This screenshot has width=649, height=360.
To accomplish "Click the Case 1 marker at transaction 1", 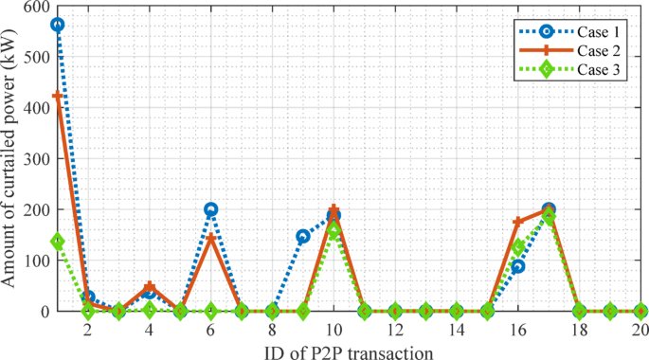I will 58,25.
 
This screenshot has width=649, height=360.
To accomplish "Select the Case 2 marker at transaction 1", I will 58,97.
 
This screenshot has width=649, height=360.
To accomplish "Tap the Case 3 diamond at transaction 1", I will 58,242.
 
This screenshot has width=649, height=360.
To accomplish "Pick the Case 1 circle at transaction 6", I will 211,209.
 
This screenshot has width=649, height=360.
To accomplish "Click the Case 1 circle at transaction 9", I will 303,236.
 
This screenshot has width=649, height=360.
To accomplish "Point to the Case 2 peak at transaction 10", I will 334,209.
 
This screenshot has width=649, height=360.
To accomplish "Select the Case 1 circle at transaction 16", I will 518,266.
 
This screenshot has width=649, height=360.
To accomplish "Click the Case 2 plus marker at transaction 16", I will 518,222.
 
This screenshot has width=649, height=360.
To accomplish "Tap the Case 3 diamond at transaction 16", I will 518,246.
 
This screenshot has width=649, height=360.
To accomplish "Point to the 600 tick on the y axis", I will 35,7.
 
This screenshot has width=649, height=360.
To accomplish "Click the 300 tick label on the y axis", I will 35,158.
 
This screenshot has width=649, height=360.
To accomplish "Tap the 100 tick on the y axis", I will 35,260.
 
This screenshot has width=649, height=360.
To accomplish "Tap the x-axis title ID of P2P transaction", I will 349,351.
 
